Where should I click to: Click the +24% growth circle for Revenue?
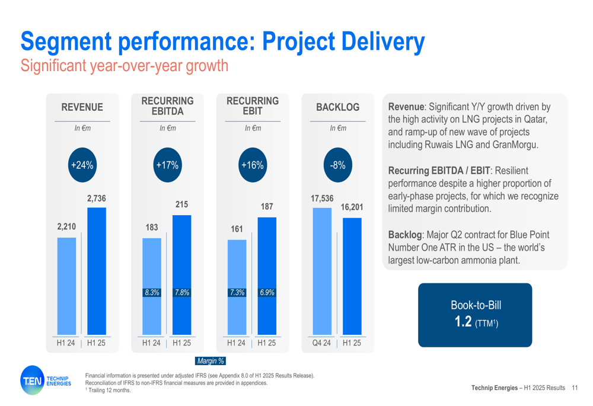click(x=82, y=165)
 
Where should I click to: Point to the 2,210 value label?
click(x=66, y=226)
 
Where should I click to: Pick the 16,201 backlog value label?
click(x=352, y=208)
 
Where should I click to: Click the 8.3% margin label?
click(x=151, y=292)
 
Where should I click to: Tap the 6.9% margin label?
click(x=267, y=292)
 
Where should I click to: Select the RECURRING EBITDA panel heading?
click(x=167, y=106)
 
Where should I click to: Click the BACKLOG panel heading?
click(x=337, y=107)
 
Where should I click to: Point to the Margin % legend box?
click(x=211, y=360)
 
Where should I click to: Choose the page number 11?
click(x=575, y=388)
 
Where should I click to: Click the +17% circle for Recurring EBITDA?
click(x=167, y=165)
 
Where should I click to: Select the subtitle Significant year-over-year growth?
click(x=124, y=65)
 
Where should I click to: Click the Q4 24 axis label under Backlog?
click(x=322, y=343)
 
